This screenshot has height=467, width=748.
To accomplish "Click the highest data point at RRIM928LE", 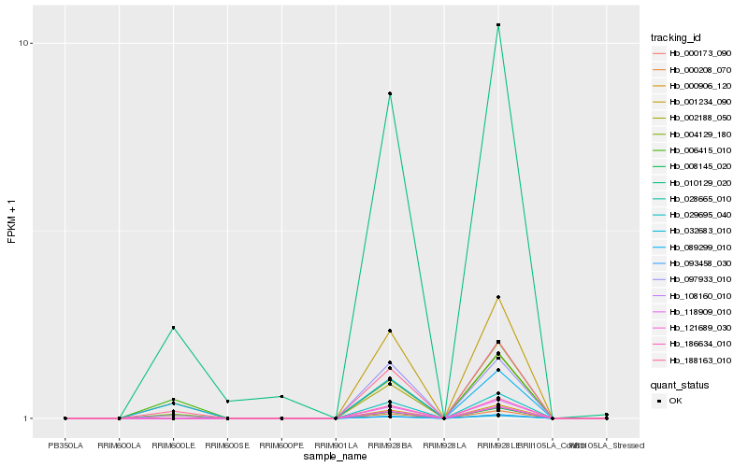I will click(498, 24).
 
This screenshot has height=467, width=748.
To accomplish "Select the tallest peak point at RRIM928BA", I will click(389, 93).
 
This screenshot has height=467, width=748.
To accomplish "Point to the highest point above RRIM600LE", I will click(173, 328).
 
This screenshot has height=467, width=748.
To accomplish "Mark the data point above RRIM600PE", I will click(281, 397).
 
